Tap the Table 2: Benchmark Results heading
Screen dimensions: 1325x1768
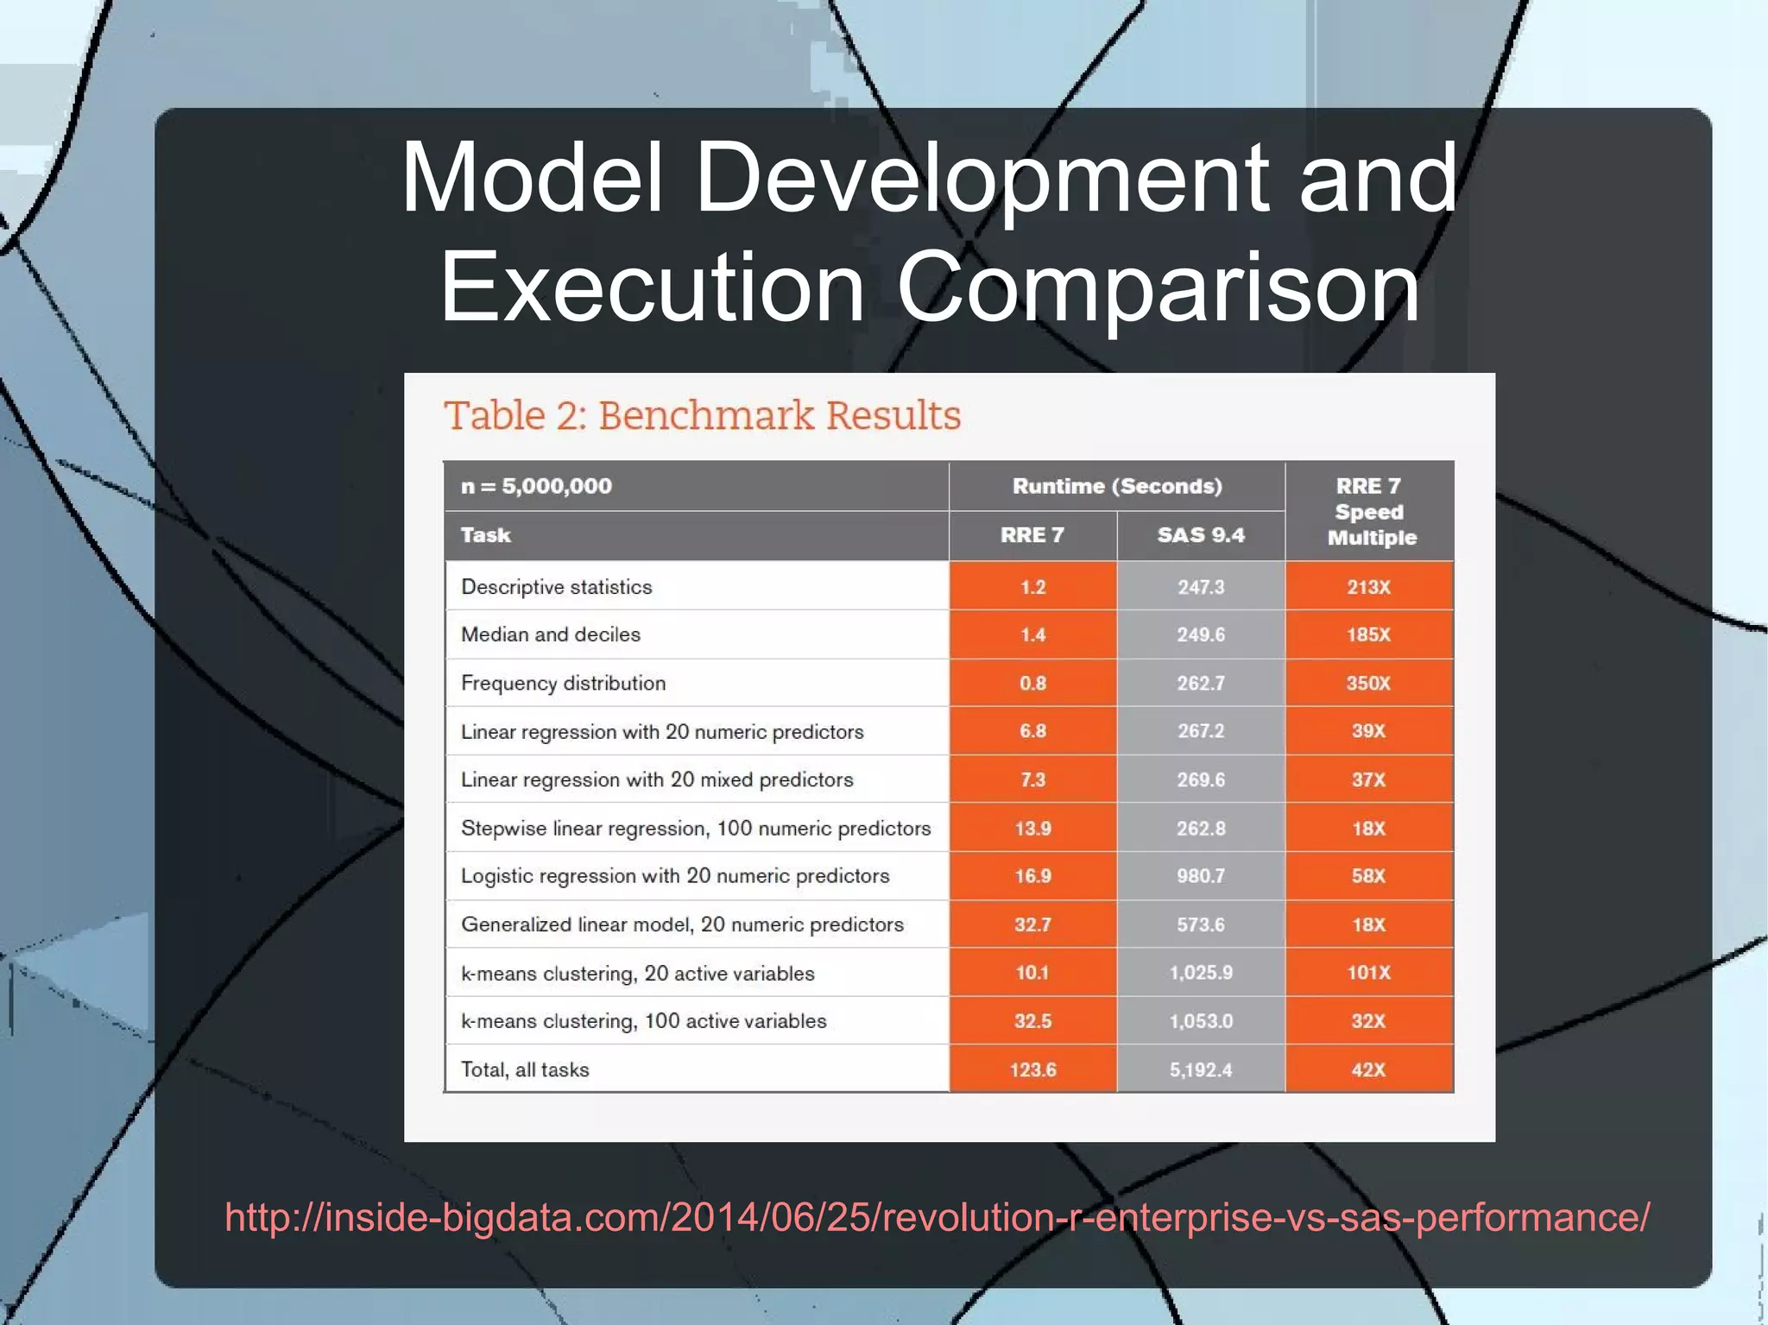click(x=702, y=415)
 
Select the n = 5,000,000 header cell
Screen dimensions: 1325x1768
click(x=536, y=486)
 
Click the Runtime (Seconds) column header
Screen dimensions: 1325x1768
click(x=1117, y=486)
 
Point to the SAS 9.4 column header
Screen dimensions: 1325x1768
click(x=1201, y=535)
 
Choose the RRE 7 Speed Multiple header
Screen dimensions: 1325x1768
click(x=1370, y=511)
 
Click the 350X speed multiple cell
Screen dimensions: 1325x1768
click(x=1368, y=683)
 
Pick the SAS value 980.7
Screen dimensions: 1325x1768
click(x=1200, y=875)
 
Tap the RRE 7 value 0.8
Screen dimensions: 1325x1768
click(x=1032, y=683)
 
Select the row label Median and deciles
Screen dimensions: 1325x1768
click(x=551, y=634)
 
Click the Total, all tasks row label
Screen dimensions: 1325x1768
click(x=525, y=1069)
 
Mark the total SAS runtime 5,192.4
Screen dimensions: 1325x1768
click(x=1200, y=1069)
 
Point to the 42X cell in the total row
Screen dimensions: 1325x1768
click(x=1368, y=1069)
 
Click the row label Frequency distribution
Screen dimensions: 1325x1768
click(x=563, y=683)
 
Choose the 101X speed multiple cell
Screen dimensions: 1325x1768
click(x=1368, y=973)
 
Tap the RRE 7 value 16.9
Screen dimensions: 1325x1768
click(x=1032, y=875)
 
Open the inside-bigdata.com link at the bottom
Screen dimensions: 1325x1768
click(x=937, y=1217)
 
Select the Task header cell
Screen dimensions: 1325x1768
click(x=486, y=535)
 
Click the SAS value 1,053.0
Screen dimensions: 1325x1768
click(x=1200, y=1021)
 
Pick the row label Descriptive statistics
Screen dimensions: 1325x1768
click(x=556, y=587)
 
